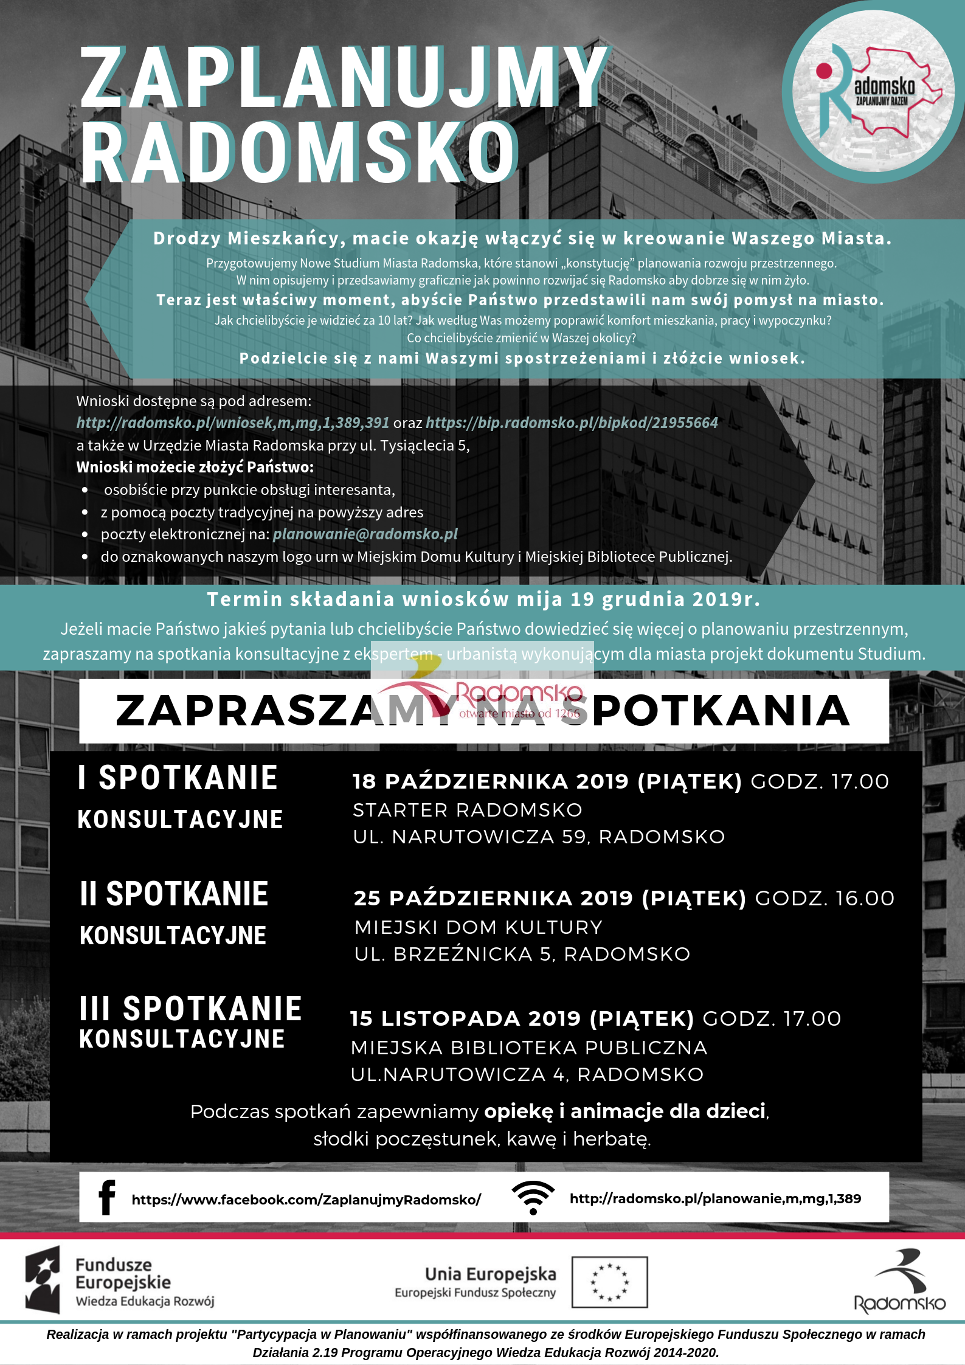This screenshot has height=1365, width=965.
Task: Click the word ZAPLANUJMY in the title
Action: pyautogui.click(x=344, y=78)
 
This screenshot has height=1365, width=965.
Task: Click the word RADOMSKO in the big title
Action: pyautogui.click(x=299, y=152)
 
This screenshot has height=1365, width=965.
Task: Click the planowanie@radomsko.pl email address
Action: pyautogui.click(x=365, y=534)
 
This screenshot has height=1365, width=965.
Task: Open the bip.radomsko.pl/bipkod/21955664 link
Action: pyautogui.click(x=572, y=423)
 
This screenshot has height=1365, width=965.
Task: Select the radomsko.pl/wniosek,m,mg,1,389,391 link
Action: pyautogui.click(x=232, y=423)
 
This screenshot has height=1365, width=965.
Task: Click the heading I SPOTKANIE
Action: pyautogui.click(x=178, y=778)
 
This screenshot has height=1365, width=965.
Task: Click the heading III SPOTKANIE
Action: pyautogui.click(x=190, y=1008)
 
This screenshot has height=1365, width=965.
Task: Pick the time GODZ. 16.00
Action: pyautogui.click(x=825, y=898)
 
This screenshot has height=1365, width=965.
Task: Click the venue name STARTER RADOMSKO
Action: pyautogui.click(x=467, y=810)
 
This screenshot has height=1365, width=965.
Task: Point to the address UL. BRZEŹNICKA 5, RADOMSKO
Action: pyautogui.click(x=522, y=954)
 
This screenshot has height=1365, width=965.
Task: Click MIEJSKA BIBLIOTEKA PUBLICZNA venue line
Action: pyautogui.click(x=529, y=1048)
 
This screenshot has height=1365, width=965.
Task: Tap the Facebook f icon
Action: pyautogui.click(x=106, y=1198)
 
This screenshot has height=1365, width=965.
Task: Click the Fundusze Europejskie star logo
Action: pyautogui.click(x=43, y=1279)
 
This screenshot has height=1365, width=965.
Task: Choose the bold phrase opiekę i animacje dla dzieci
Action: pyautogui.click(x=624, y=1111)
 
